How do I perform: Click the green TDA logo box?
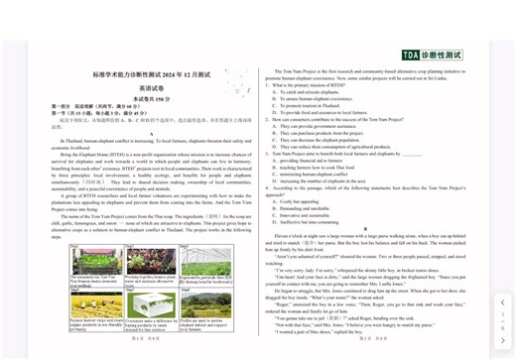(411, 55)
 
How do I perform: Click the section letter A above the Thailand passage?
(152, 134)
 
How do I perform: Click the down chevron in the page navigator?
(502, 340)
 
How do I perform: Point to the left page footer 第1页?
(139, 337)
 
